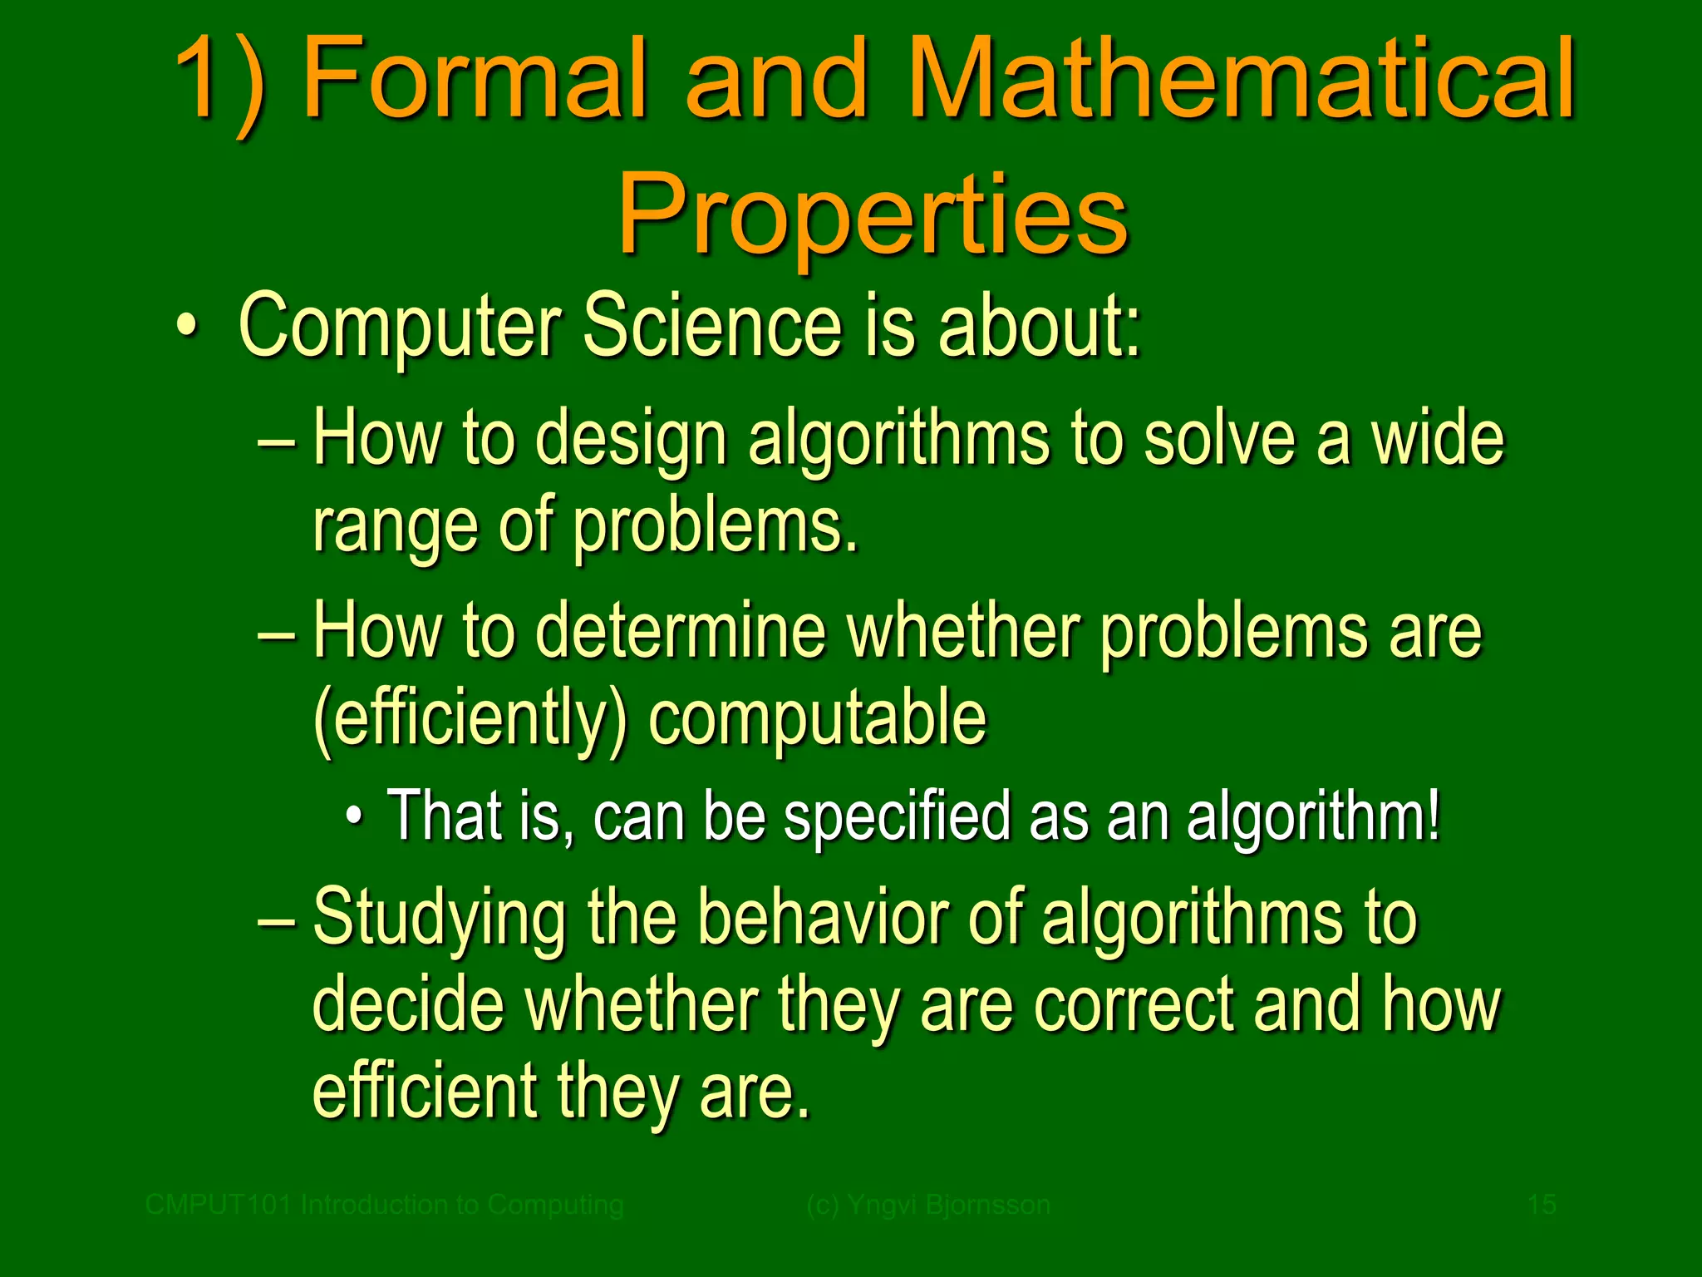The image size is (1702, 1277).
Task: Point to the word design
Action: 632,441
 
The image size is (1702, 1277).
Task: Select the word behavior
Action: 823,918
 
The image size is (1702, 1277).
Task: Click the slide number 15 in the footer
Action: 1542,1205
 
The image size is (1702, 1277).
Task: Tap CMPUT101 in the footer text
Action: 219,1205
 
